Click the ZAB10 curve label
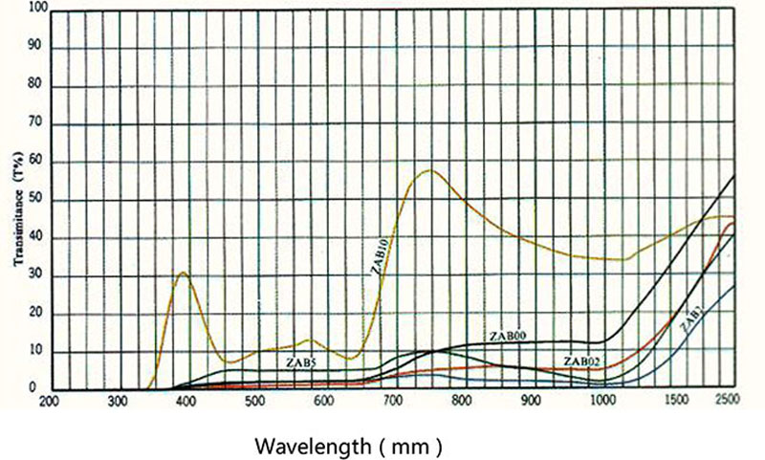[x=379, y=257]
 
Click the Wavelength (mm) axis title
[x=347, y=446]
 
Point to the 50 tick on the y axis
[x=35, y=201]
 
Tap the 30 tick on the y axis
[x=35, y=276]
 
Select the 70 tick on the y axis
[x=35, y=124]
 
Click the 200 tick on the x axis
[x=48, y=403]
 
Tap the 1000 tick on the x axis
[x=601, y=403]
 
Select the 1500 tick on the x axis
[x=669, y=403]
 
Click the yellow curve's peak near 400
[x=183, y=273]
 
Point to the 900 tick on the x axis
[x=532, y=403]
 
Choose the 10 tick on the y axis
[x=35, y=352]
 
